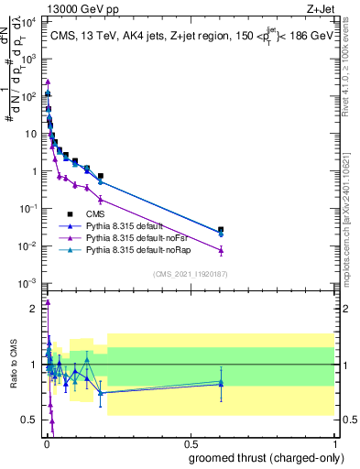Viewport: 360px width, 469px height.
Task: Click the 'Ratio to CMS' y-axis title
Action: pos(13,364)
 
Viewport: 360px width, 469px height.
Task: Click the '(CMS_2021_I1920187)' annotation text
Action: pos(190,272)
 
